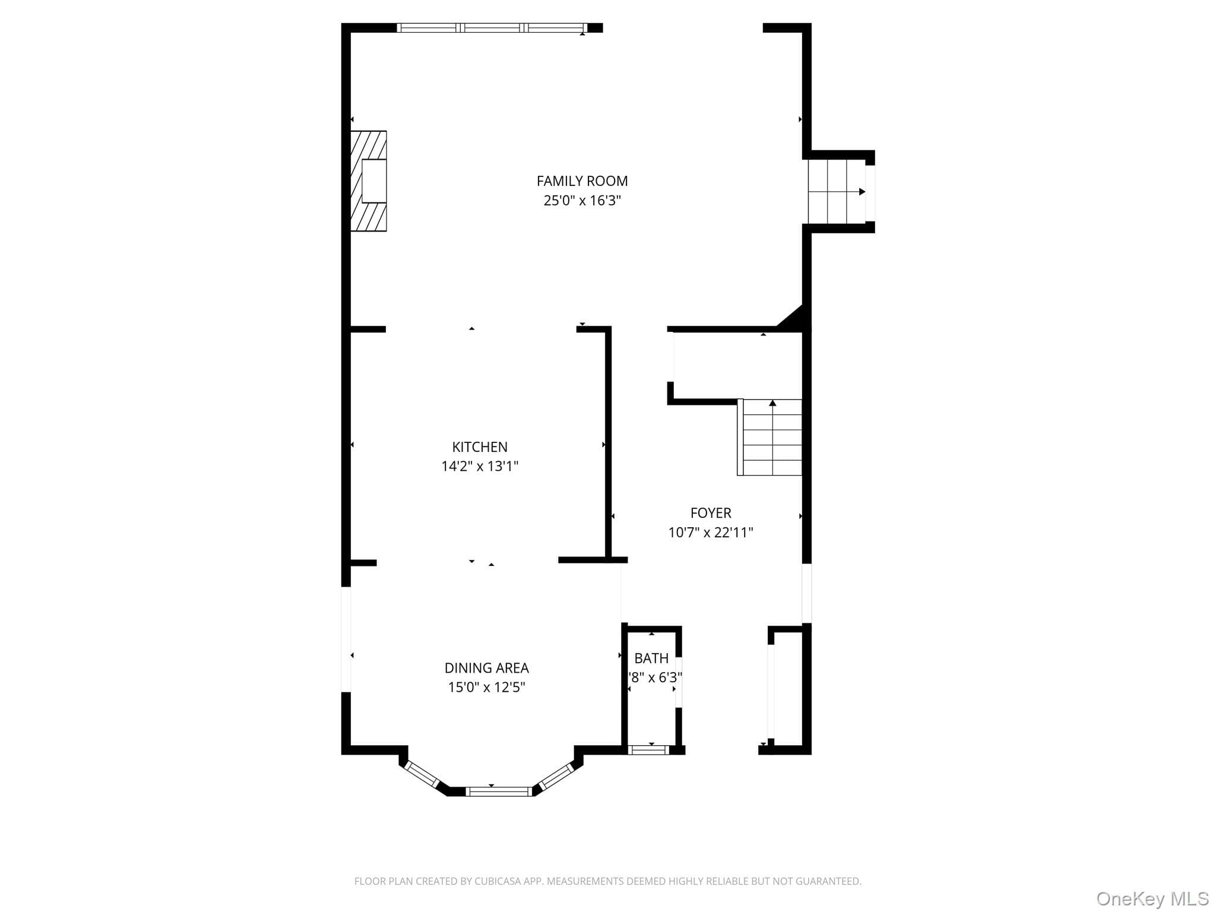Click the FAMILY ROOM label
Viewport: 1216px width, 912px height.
pyautogui.click(x=582, y=181)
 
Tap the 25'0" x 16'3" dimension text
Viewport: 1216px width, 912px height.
pyautogui.click(x=582, y=201)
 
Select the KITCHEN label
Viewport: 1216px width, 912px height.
pyautogui.click(x=480, y=447)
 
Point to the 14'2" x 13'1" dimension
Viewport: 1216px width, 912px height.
pyautogui.click(x=480, y=467)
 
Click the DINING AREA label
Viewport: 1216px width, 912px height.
pyautogui.click(x=486, y=668)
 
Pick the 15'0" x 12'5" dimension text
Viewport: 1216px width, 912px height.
pyautogui.click(x=486, y=688)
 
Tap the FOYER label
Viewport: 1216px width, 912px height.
pyautogui.click(x=711, y=513)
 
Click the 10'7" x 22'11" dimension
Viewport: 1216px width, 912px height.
pyautogui.click(x=711, y=533)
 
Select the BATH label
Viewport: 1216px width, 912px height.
pyautogui.click(x=651, y=658)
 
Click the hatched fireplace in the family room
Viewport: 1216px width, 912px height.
pyautogui.click(x=369, y=181)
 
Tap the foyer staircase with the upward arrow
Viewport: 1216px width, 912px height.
pyautogui.click(x=770, y=438)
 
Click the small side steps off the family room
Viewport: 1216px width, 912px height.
pyautogui.click(x=837, y=192)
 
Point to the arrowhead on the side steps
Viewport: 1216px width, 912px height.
pyautogui.click(x=862, y=192)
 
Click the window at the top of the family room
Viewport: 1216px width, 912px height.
pyautogui.click(x=492, y=27)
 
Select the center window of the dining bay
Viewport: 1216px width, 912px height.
pyautogui.click(x=499, y=791)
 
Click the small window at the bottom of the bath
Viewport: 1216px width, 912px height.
pyautogui.click(x=648, y=750)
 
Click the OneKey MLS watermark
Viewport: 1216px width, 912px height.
pyautogui.click(x=1152, y=898)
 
